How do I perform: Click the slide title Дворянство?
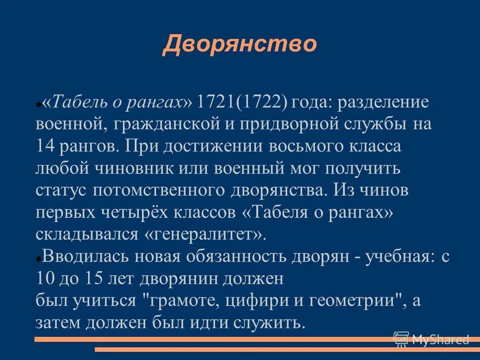(x=240, y=44)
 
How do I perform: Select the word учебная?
(x=386, y=257)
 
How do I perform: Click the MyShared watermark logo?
(x=431, y=339)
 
